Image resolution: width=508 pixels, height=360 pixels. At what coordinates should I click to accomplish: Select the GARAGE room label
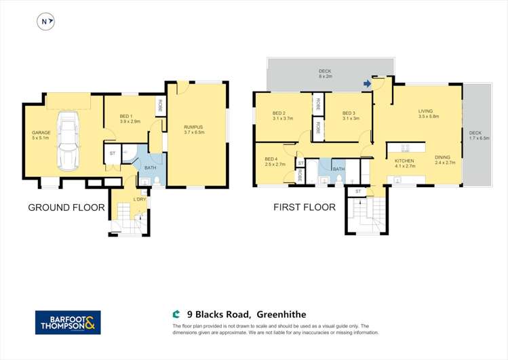pyautogui.click(x=41, y=133)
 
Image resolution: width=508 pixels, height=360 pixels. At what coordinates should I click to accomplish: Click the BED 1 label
pyautogui.click(x=130, y=117)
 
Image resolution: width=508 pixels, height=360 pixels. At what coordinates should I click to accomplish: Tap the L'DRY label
pyautogui.click(x=140, y=199)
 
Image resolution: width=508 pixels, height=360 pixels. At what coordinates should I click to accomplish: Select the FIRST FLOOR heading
pyautogui.click(x=304, y=207)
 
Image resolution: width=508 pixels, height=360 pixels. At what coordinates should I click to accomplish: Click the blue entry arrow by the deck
pyautogui.click(x=368, y=84)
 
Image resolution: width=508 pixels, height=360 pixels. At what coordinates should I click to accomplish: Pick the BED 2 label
pyautogui.click(x=279, y=113)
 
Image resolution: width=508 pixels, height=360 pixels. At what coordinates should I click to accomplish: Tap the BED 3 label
pyautogui.click(x=349, y=113)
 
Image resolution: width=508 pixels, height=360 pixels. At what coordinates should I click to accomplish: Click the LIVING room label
pyautogui.click(x=425, y=111)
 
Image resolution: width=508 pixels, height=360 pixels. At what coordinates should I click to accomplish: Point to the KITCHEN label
pyautogui.click(x=405, y=161)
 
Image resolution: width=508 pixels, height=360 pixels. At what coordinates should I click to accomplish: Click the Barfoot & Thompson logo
pyautogui.click(x=68, y=322)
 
